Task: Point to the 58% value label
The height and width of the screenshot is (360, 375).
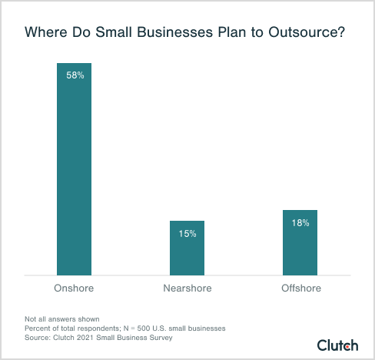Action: pyautogui.click(x=75, y=77)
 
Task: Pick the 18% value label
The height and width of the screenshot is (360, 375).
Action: pyautogui.click(x=300, y=223)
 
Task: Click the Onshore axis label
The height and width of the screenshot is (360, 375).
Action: pyautogui.click(x=75, y=288)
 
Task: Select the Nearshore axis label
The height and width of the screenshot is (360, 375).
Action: pyautogui.click(x=187, y=288)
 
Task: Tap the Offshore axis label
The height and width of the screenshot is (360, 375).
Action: pyautogui.click(x=300, y=288)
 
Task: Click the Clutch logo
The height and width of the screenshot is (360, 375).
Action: pyautogui.click(x=339, y=345)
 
